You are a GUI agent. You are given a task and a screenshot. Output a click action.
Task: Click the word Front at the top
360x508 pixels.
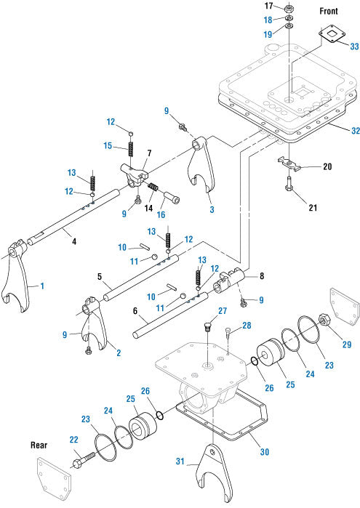coord(329,11)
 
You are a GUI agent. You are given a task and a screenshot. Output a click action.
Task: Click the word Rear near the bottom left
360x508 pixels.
coord(39,445)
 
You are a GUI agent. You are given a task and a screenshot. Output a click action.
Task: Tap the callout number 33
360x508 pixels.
coord(354,47)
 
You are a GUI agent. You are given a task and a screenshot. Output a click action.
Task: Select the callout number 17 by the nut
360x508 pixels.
coord(269,6)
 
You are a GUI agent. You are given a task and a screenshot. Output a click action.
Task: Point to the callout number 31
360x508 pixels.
coord(180,461)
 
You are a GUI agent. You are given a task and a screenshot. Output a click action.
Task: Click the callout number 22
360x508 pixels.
coord(74,439)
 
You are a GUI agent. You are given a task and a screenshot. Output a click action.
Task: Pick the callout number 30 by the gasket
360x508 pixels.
coord(265,451)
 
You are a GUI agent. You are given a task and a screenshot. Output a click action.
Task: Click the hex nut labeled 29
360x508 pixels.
coord(324,320)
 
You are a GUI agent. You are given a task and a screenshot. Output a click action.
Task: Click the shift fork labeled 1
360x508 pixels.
coord(16,275)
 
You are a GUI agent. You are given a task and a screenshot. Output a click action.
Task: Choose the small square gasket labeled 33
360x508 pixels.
coord(332,33)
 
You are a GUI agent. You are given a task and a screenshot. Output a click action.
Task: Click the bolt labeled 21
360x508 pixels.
coord(289,185)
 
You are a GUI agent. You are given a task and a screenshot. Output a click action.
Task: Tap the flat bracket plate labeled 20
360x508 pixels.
coord(289,164)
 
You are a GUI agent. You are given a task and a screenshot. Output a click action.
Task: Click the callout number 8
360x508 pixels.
coord(262,276)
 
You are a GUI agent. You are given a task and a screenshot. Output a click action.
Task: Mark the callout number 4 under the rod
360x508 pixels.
coord(74,241)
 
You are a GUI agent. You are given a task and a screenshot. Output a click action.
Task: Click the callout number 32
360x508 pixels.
coord(356,131)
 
